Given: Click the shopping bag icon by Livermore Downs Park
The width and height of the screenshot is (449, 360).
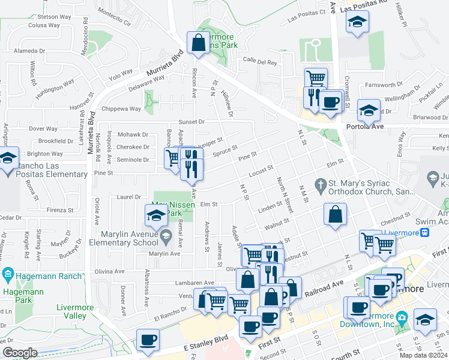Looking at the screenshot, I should coord(198,43).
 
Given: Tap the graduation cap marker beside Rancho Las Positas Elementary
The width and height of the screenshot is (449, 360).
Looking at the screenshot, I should coord(8,160).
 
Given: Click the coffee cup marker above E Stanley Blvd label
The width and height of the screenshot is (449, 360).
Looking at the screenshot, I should coord(148,340).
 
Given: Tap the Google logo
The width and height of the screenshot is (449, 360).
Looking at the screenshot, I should coord(20,353).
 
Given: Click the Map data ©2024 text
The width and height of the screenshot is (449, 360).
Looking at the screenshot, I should coord(423,355).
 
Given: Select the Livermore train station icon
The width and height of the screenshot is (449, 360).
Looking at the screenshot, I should coord(425,232).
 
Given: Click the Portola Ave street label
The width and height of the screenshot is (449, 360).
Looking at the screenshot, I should coord(365,127).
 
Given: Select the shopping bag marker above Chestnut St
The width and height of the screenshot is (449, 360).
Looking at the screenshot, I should coord(335,214).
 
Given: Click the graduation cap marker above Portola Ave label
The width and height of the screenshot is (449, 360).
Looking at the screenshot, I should coord(369,110).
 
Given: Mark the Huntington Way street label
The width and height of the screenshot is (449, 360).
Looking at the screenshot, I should coord(55,88).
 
